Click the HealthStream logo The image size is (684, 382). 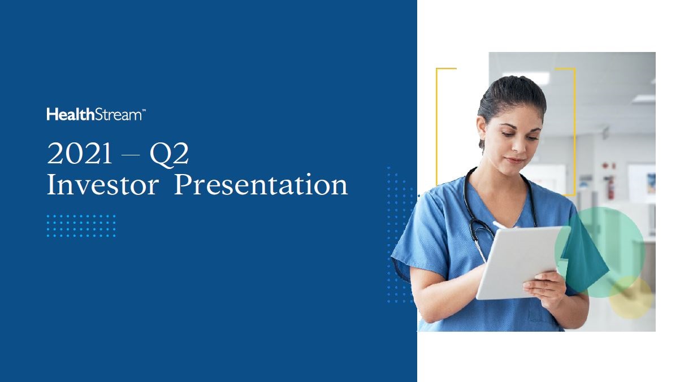coord(96,114)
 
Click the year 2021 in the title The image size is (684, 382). coord(80,154)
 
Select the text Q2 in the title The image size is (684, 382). coord(169,155)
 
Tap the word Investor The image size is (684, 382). coord(103,184)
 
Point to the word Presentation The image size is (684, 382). coord(261,184)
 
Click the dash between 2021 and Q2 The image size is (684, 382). coord(131,155)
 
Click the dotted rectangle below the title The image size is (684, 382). coord(81,225)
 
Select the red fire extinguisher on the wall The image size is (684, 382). coord(611,187)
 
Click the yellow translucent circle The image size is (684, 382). coord(631,297)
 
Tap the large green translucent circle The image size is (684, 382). coord(600,252)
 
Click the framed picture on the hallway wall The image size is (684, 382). coord(651,183)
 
